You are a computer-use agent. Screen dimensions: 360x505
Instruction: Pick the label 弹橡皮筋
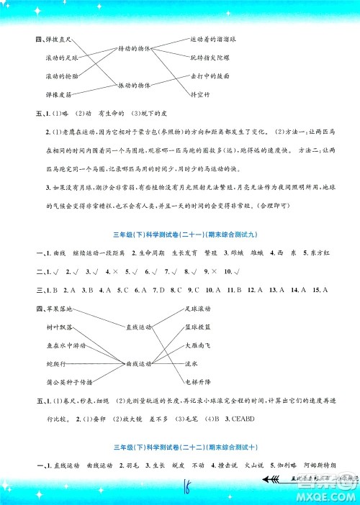pyautogui.click(x=60, y=94)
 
